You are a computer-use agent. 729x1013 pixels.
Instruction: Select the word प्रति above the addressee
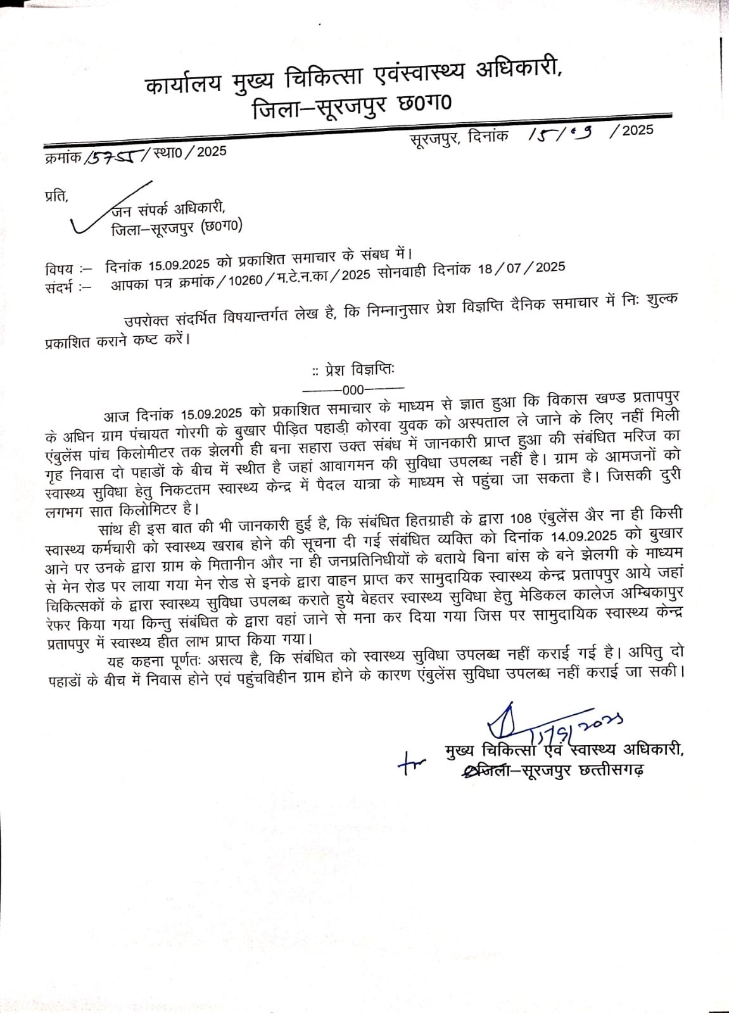(56, 195)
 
